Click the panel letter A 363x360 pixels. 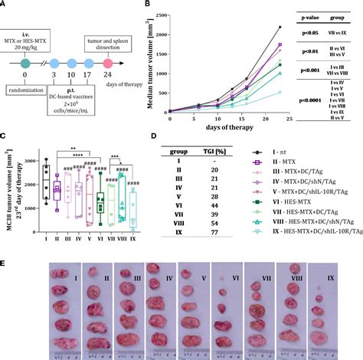tap(5, 5)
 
